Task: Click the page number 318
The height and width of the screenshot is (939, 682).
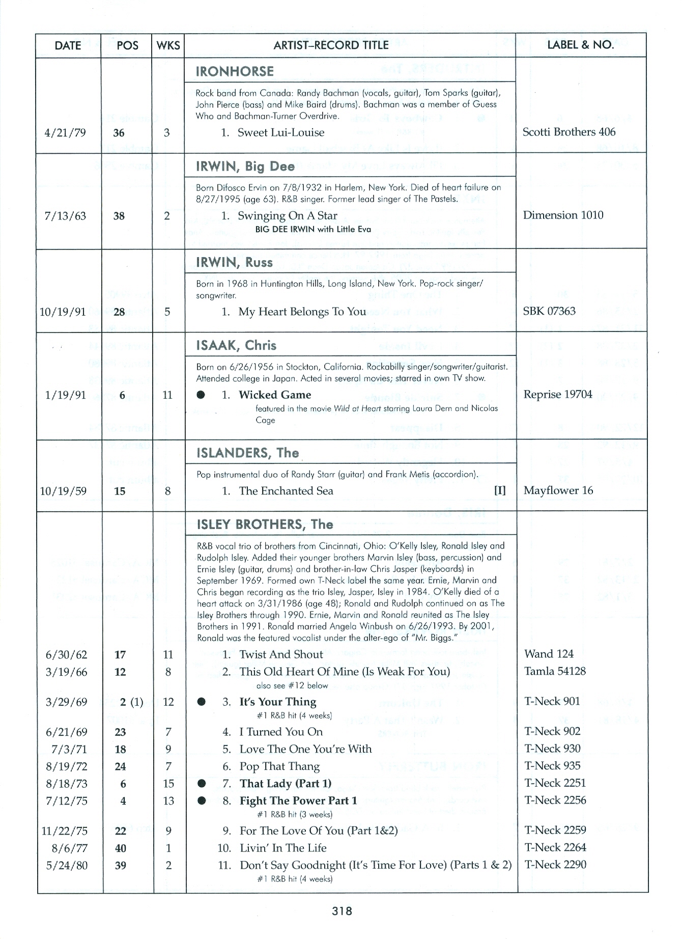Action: pos(342,912)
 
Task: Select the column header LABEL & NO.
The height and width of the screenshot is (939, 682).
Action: pos(580,45)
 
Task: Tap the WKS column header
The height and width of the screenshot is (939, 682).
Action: pos(168,45)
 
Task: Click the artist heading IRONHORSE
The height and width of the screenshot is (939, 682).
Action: pos(235,71)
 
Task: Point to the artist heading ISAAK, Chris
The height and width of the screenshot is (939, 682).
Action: pos(236,346)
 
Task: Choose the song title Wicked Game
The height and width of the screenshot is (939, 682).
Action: pos(275,395)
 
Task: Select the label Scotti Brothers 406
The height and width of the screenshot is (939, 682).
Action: pos(569,132)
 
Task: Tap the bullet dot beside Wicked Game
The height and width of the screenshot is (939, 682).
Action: pos(202,395)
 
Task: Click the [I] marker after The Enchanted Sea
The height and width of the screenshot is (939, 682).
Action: pos(500,491)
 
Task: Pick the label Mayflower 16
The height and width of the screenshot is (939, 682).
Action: pos(558,491)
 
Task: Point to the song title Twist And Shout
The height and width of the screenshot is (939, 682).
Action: pos(281,655)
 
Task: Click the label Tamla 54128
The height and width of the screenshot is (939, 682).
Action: pos(555,672)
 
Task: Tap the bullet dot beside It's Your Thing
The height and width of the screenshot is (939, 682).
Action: pos(202,702)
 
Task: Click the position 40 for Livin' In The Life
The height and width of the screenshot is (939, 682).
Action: pos(121,848)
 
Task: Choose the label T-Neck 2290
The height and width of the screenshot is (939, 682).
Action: pos(555,865)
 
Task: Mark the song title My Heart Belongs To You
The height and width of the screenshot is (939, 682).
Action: pos(302,312)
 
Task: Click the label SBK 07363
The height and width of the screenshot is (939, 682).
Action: pos(549,311)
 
